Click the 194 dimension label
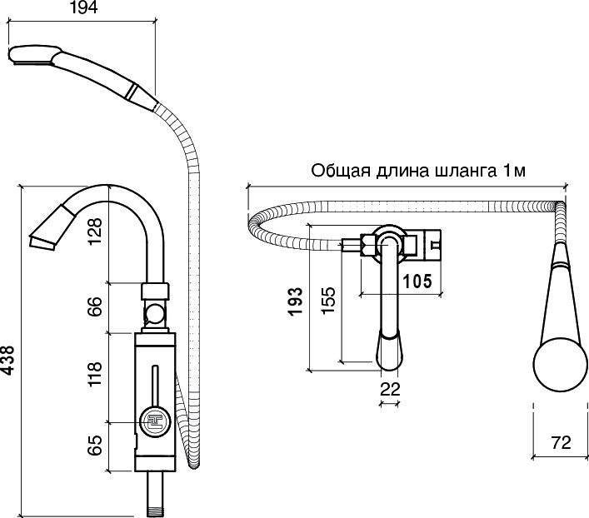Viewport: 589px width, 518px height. coord(83,7)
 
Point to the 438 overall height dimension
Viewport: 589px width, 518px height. coord(7,361)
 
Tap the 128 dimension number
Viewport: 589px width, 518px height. coord(95,231)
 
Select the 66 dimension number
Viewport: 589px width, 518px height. coord(95,306)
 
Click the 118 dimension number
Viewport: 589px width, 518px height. coord(95,374)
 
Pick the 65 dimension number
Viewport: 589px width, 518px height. coord(95,445)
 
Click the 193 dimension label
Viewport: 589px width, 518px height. coord(296,301)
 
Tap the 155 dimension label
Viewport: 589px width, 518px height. coord(328,300)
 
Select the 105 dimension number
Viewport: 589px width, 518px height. coord(417,281)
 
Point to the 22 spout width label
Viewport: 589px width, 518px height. coord(390,389)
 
